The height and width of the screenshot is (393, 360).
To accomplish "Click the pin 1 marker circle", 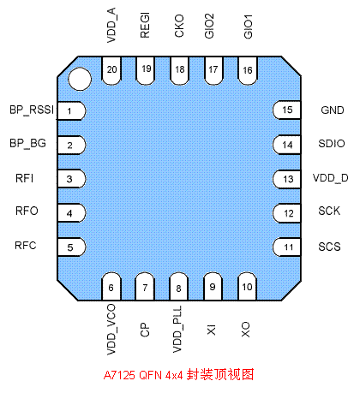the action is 80,79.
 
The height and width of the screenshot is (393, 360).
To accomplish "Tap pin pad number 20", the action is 111,70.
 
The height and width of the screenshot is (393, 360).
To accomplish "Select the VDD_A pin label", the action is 111,26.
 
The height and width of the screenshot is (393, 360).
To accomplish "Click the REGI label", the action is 145,26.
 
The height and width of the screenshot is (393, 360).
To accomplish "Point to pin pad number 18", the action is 179,70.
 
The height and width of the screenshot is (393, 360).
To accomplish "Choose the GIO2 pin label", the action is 209,26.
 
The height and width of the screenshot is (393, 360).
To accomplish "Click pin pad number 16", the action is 248,70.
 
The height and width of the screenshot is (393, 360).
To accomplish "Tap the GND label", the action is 333,110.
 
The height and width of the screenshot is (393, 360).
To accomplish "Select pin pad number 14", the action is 286,145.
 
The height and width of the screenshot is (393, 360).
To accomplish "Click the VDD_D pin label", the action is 331,178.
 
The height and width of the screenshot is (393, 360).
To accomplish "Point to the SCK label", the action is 329,211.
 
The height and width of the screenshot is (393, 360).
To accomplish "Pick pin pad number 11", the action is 286,247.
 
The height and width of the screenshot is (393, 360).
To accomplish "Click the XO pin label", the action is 245,330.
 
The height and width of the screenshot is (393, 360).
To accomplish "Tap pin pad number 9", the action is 213,286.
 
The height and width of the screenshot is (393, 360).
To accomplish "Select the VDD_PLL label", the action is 177,329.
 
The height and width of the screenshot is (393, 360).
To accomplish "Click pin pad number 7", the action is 145,286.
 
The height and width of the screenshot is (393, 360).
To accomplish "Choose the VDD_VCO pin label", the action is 111,330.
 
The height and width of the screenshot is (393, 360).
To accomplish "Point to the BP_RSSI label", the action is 32,110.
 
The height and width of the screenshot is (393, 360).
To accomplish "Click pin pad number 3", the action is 71,179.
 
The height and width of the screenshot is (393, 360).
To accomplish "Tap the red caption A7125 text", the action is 119,375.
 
